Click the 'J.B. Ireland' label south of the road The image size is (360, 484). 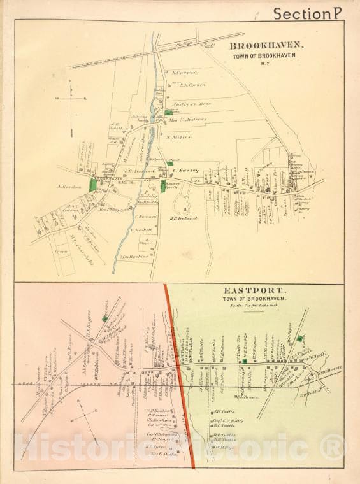(184, 218)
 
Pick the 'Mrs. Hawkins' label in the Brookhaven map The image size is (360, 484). (134, 257)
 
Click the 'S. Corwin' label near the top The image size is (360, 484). (185, 73)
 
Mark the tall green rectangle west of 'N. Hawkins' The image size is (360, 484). (94, 183)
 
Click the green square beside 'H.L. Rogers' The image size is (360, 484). (104, 318)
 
